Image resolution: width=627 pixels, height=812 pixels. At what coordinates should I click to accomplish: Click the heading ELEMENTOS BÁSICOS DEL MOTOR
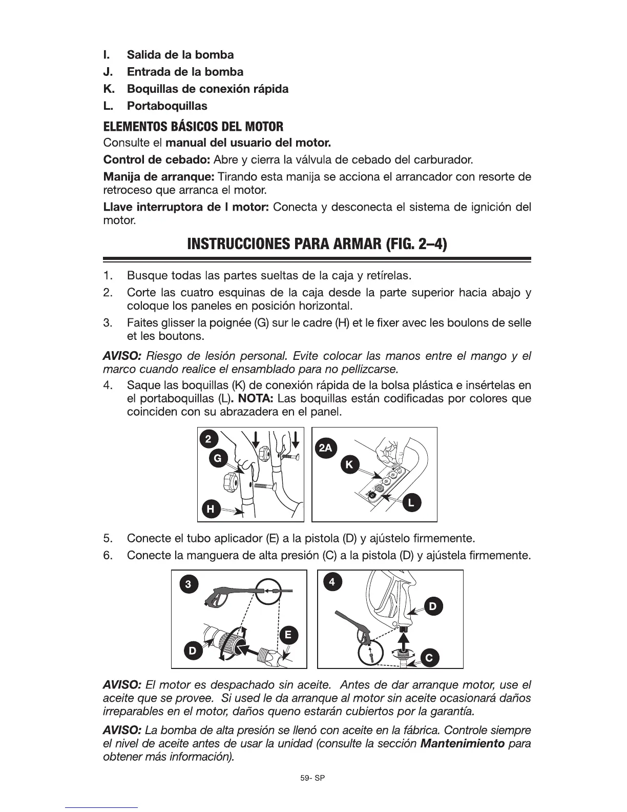pyautogui.click(x=193, y=126)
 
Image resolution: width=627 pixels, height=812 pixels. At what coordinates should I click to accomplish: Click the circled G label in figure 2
pyautogui.click(x=218, y=459)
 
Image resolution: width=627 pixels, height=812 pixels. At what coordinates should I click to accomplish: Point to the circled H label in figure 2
pyautogui.click(x=210, y=509)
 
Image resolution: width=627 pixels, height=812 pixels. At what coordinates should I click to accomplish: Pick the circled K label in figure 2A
pyautogui.click(x=349, y=465)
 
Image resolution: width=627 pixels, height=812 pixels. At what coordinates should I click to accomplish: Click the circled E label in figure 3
pyautogui.click(x=288, y=635)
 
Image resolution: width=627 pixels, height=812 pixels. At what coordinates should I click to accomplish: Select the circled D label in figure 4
pyautogui.click(x=433, y=607)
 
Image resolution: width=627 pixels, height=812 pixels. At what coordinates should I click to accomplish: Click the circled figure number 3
pyautogui.click(x=189, y=584)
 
